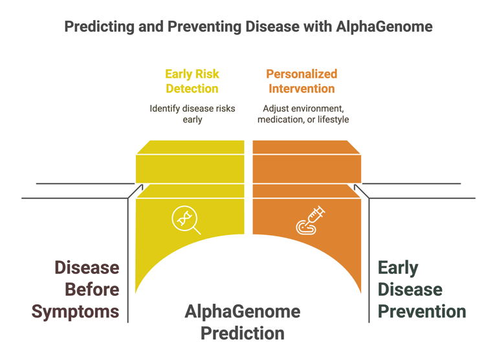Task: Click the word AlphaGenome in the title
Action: click(384, 27)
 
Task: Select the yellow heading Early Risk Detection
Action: click(192, 81)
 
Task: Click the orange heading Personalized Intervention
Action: click(302, 81)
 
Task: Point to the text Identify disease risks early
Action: click(192, 114)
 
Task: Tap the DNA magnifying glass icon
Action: click(186, 219)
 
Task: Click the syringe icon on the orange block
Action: click(311, 220)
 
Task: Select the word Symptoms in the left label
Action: click(76, 312)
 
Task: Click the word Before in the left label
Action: click(93, 289)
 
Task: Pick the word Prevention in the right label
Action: click(422, 311)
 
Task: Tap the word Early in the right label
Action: click(398, 268)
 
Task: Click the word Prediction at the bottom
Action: click(243, 333)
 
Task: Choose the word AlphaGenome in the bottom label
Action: click(243, 312)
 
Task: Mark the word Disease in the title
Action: click(272, 27)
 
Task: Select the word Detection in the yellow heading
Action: click(192, 89)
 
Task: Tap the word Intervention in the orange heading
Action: click(302, 89)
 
